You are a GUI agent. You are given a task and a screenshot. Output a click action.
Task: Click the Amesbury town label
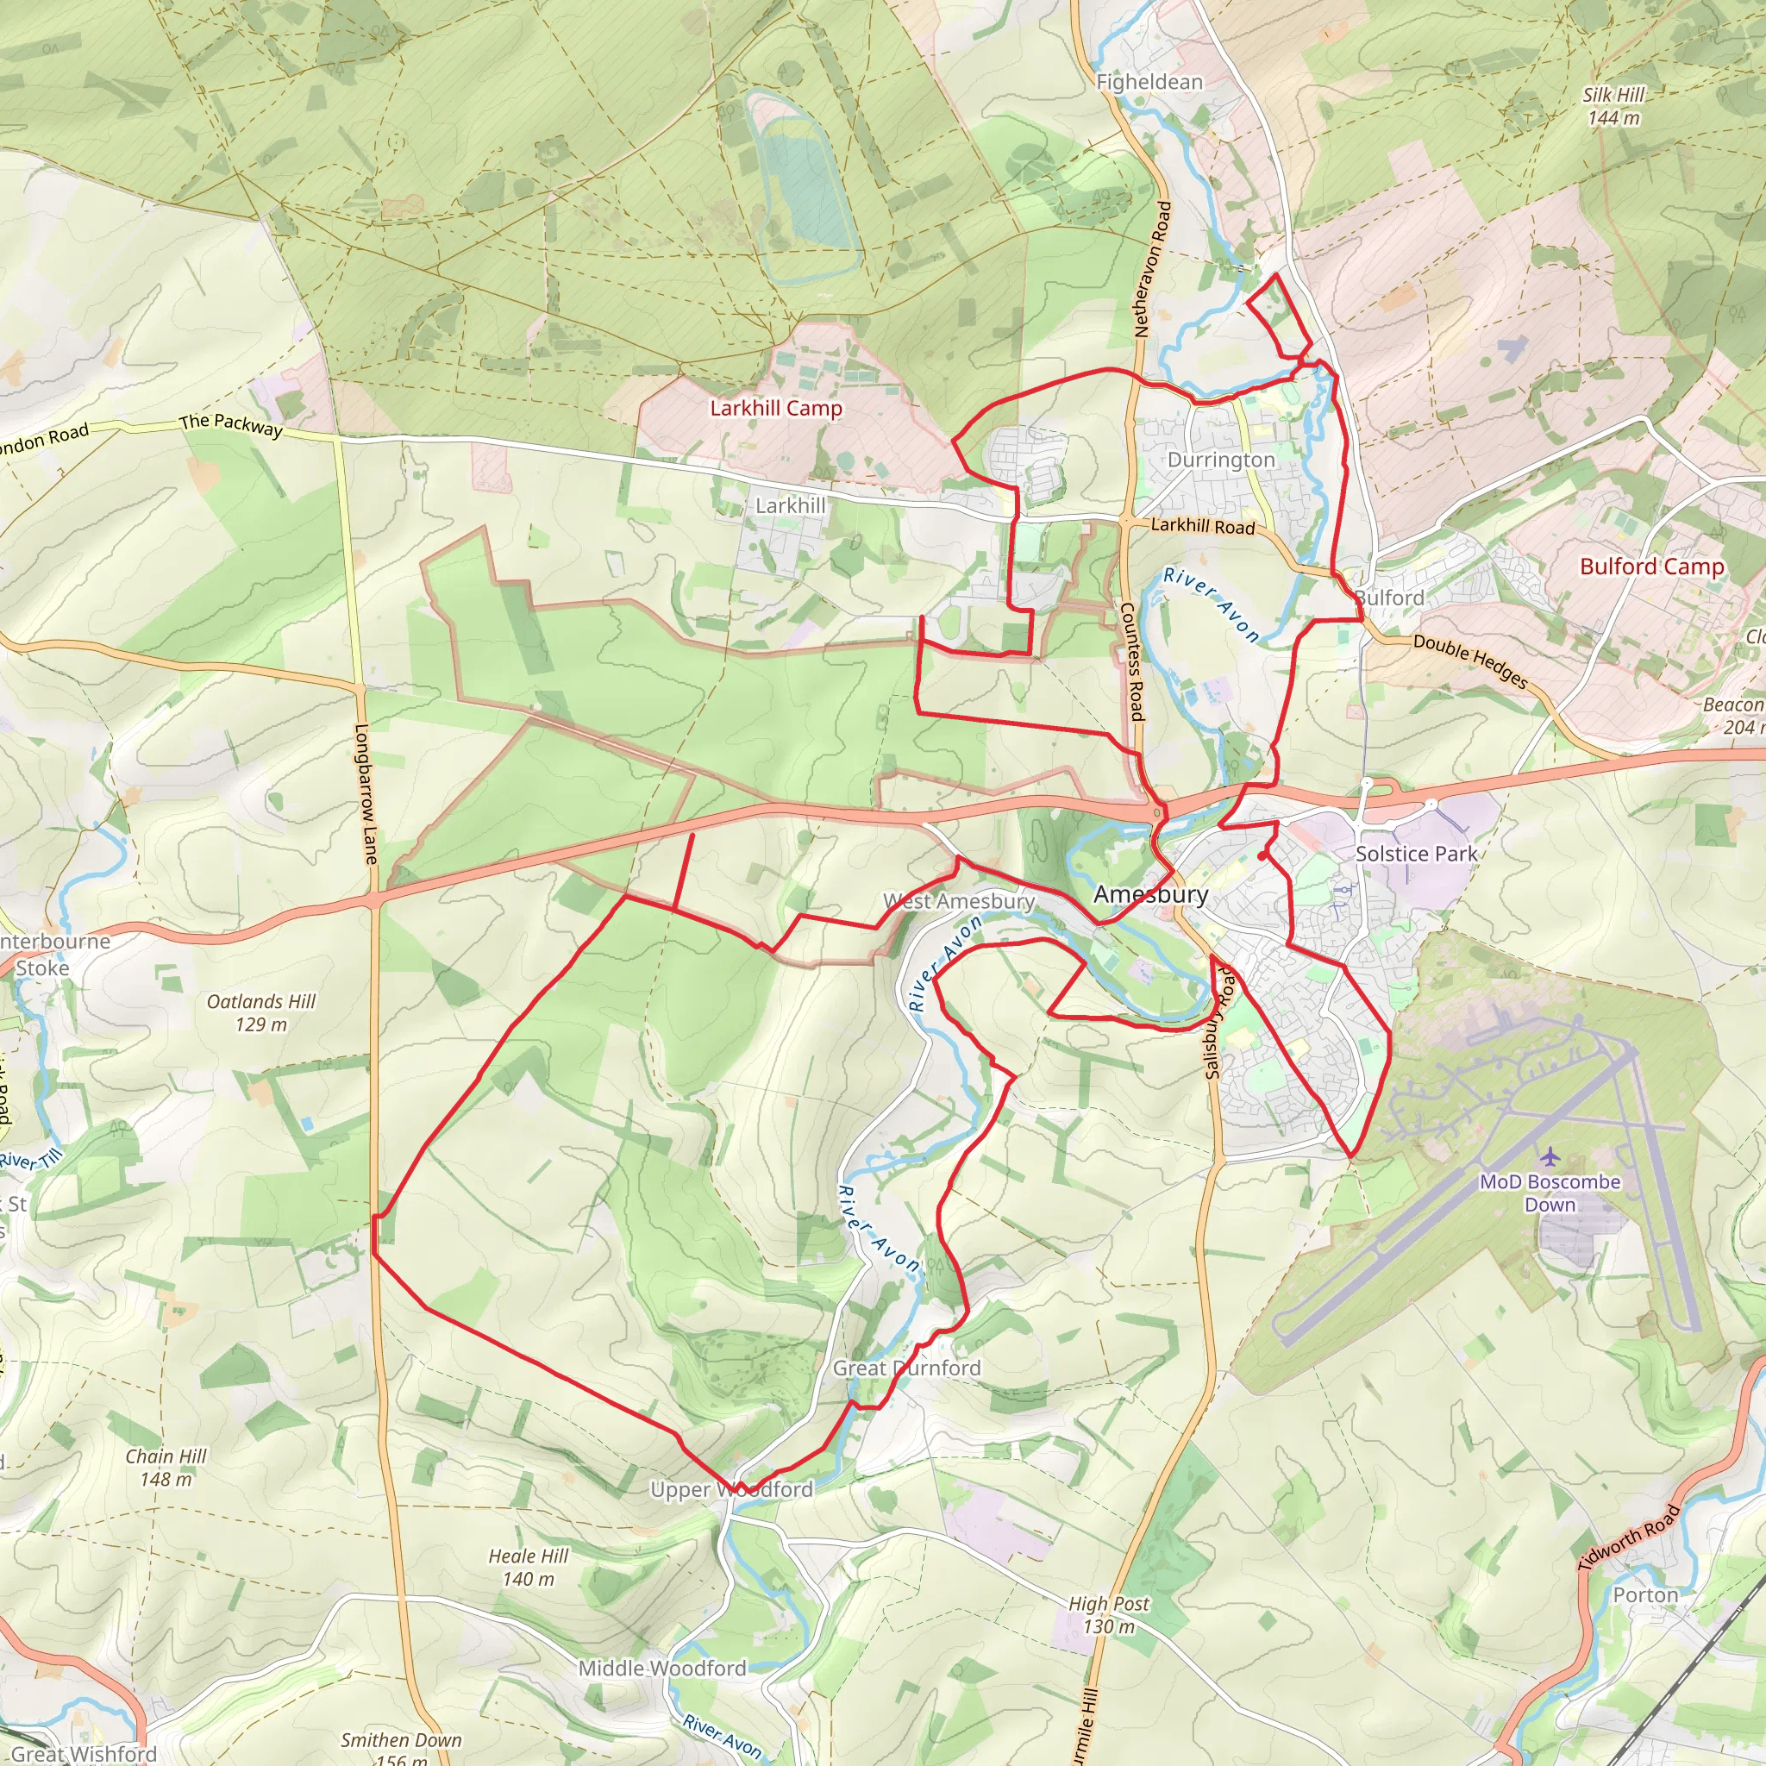pos(1150,894)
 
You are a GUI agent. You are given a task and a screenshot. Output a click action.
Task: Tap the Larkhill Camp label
pos(776,408)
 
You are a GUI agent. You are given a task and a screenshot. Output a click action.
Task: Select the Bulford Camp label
pos(1651,566)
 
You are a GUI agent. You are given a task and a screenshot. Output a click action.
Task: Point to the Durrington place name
pos(1220,460)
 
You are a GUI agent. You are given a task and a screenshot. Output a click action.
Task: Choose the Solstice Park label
pos(1415,854)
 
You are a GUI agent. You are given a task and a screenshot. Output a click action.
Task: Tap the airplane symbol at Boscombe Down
pos(1549,1157)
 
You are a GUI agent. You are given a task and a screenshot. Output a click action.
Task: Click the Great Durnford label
pos(906,1368)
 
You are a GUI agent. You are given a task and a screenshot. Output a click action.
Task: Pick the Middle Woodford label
pos(661,1669)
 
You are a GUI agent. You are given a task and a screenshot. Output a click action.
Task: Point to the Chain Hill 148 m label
pos(166,1467)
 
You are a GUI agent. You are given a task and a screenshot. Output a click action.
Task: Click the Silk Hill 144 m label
pos(1613,106)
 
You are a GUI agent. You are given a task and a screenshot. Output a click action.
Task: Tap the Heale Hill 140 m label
pos(528,1567)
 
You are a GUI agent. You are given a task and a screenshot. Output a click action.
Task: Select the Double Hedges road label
pos(1470,661)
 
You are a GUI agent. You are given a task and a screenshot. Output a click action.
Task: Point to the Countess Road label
pos(1131,661)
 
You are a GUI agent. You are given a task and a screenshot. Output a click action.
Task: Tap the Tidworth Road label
pos(1629,1537)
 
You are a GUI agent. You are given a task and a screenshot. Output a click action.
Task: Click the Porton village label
pos(1644,1595)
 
